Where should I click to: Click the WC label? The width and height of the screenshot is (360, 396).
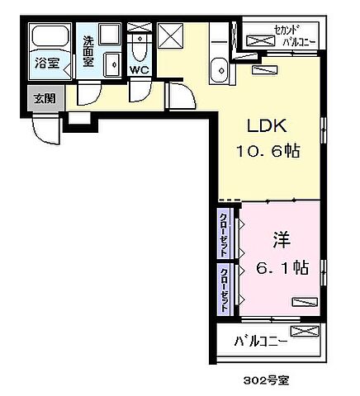click(x=139, y=70)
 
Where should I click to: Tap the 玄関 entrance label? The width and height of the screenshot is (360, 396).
click(x=44, y=97)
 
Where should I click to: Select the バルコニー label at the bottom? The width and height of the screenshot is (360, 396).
click(x=260, y=340)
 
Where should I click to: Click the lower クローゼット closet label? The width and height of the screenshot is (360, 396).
click(x=225, y=286)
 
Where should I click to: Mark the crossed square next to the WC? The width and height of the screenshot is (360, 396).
click(x=171, y=37)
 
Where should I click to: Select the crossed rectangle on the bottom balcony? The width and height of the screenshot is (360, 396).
click(x=304, y=332)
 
